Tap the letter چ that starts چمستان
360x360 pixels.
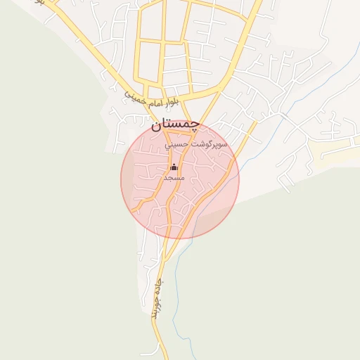point(195,124)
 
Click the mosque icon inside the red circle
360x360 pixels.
point(174,167)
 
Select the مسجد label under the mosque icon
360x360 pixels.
point(174,179)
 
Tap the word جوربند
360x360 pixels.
point(153,309)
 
